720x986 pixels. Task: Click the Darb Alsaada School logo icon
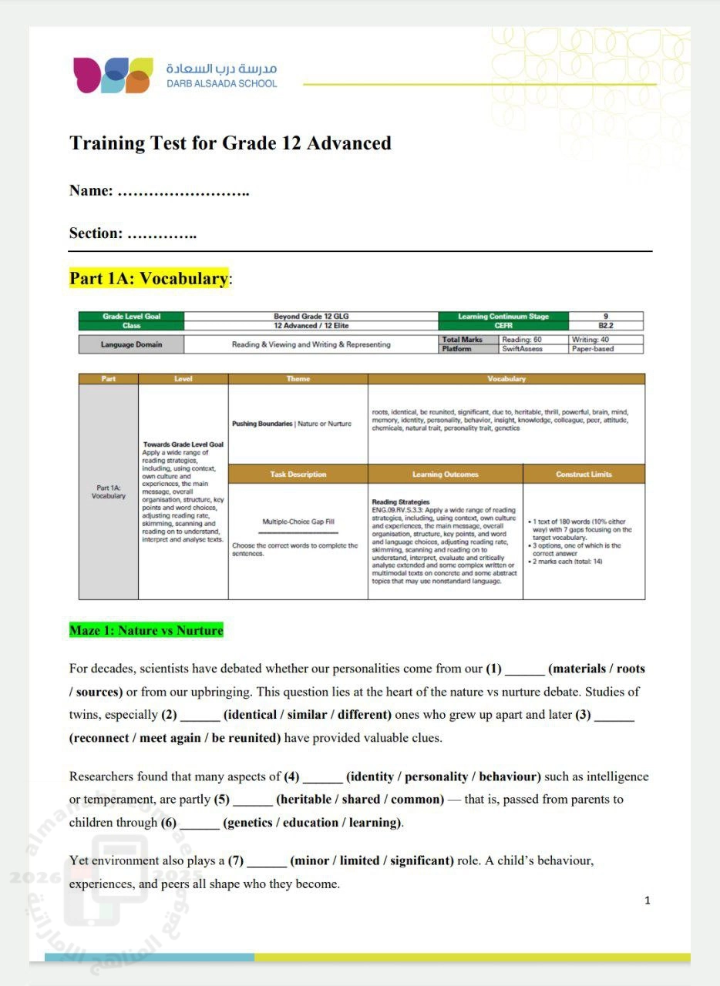(x=113, y=75)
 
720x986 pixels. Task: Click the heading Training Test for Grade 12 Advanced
(x=230, y=143)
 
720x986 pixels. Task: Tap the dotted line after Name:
(x=183, y=191)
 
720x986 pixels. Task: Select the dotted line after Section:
(x=161, y=233)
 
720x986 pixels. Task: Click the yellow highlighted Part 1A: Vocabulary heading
(x=149, y=279)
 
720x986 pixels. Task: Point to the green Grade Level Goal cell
(x=132, y=317)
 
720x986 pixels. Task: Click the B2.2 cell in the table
(x=606, y=326)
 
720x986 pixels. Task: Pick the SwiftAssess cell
(x=522, y=349)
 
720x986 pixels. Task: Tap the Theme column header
(x=298, y=379)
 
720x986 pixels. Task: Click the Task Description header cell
(x=298, y=475)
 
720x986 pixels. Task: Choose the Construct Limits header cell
(x=584, y=475)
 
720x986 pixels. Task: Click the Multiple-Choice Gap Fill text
(x=298, y=522)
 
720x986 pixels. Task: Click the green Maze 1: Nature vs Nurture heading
(x=146, y=630)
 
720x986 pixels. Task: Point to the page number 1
(x=648, y=900)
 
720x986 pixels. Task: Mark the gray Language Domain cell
(x=132, y=344)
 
